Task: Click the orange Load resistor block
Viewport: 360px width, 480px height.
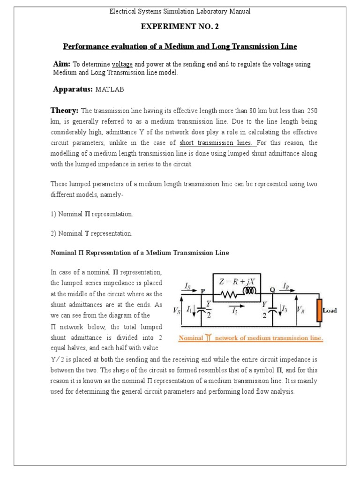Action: click(x=319, y=310)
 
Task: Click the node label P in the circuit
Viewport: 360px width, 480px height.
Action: click(x=203, y=291)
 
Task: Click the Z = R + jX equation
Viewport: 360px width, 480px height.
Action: click(x=237, y=282)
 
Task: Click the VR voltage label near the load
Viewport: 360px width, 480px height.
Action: click(x=301, y=310)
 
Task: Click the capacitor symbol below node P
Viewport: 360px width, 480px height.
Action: click(x=202, y=309)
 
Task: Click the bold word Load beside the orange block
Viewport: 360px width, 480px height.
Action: click(x=330, y=310)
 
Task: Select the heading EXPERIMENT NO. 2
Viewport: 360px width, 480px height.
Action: click(x=180, y=27)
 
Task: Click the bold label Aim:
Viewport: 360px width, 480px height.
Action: click(x=62, y=64)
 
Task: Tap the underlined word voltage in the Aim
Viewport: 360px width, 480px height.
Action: click(x=123, y=64)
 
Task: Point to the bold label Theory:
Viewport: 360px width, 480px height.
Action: click(x=64, y=111)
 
